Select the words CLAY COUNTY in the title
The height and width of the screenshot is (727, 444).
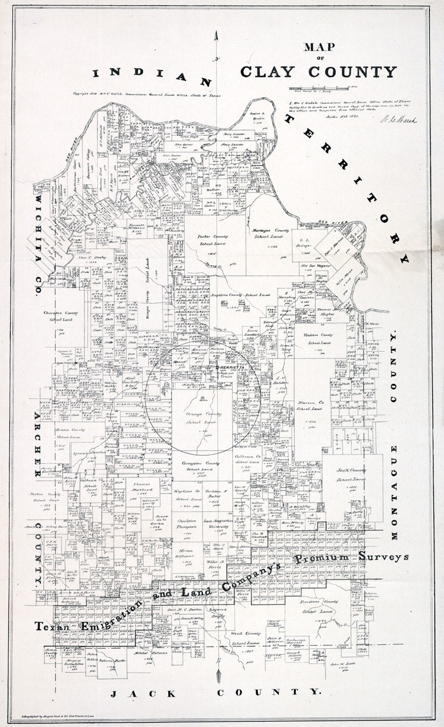coord(318,72)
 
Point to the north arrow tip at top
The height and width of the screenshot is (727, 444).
coord(218,34)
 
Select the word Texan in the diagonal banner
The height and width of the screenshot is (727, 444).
coord(54,626)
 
